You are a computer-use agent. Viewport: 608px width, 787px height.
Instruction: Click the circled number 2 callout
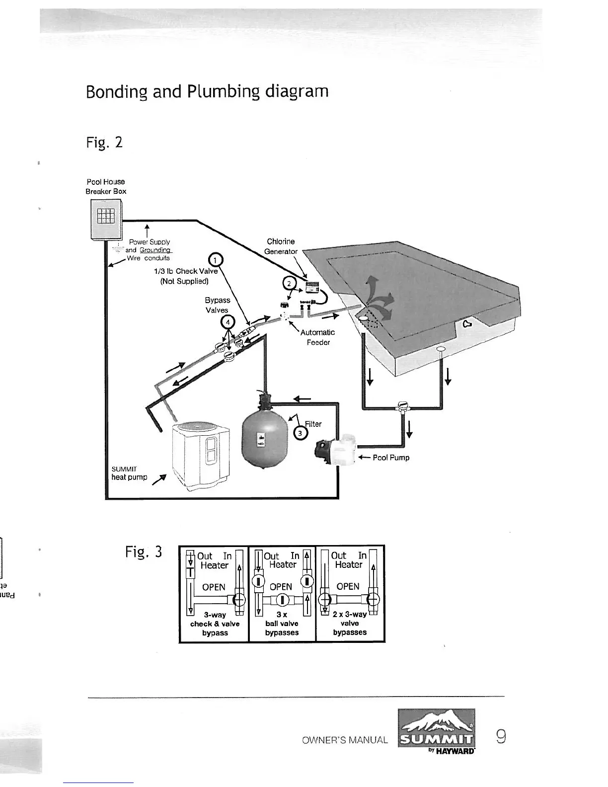coord(288,284)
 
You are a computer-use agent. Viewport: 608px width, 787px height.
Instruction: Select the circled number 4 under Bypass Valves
coord(228,321)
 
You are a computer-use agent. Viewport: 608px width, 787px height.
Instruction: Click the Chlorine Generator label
coord(281,246)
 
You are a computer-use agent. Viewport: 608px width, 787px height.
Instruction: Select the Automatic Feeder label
coord(318,337)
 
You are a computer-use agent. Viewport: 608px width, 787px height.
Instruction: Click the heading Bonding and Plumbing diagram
coord(207,92)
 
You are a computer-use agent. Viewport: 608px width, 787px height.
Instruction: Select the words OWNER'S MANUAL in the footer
coord(345,740)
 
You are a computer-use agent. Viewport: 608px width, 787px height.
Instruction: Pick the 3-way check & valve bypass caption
coord(215,624)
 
